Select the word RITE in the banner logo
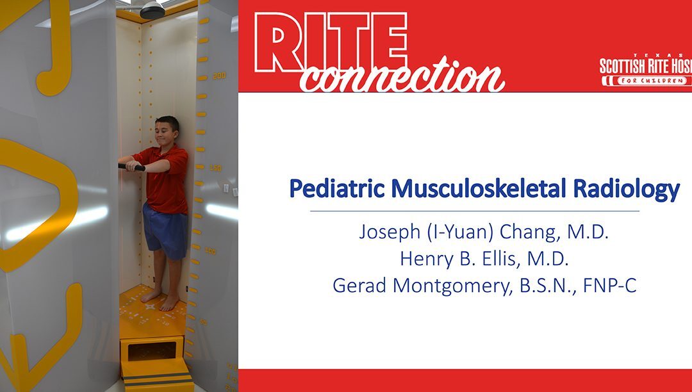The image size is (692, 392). click(x=331, y=42)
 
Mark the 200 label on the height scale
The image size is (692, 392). click(x=219, y=76)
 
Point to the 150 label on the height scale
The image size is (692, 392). click(x=215, y=168)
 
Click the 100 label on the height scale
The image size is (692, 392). click(x=210, y=251)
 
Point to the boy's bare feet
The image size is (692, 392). click(x=161, y=299)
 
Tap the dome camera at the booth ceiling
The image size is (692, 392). click(x=152, y=9)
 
